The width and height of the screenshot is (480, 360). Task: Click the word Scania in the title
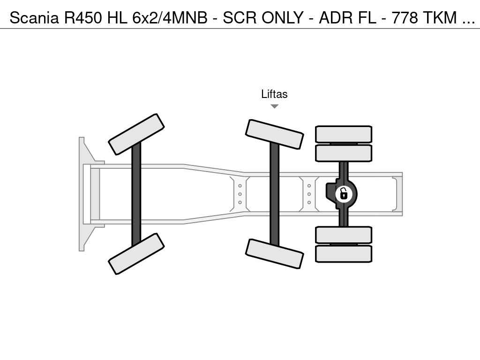coord(34,17)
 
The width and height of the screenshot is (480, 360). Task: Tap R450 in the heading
coord(82,17)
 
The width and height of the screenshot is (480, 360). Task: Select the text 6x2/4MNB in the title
coord(170,17)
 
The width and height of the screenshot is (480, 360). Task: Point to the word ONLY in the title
coord(282,17)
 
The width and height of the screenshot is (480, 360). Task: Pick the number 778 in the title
coord(405,17)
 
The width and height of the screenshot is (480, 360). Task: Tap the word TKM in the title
coord(440,17)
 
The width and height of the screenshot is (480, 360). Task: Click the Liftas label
coord(274,94)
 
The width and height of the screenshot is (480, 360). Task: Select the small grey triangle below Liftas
coord(275,106)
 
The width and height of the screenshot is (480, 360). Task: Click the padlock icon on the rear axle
coord(344,194)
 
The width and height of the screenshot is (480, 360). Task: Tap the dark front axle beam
coord(136,194)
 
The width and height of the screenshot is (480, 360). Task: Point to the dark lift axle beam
coord(275,194)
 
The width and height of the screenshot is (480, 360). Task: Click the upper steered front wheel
coord(136,135)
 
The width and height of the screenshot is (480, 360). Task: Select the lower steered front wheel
coord(136,254)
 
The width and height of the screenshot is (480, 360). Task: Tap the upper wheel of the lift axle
coord(275,135)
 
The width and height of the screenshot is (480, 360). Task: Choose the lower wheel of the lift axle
coord(275,254)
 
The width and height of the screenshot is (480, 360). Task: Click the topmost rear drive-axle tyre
coord(344,134)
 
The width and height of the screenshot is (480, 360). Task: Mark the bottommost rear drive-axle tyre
coord(344,254)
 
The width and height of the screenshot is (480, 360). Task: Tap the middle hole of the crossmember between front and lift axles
coord(240,194)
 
